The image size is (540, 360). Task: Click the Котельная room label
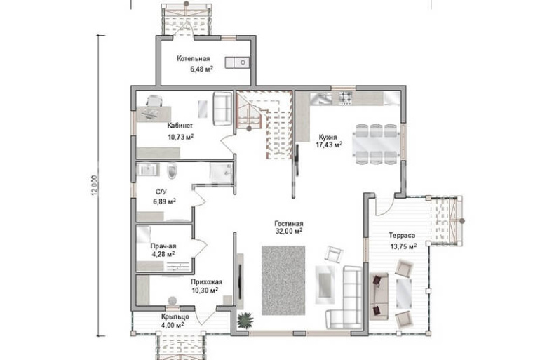pyautogui.click(x=193, y=58)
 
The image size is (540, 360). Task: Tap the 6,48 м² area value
pyautogui.click(x=201, y=69)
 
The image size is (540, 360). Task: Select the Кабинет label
pyautogui.click(x=180, y=126)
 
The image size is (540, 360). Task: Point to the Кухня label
pyautogui.click(x=328, y=137)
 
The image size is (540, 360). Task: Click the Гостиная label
pyautogui.click(x=289, y=224)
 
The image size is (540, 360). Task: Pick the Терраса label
pyautogui.click(x=402, y=236)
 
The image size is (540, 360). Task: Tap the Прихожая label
pyautogui.click(x=207, y=282)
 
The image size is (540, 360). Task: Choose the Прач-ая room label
pyautogui.click(x=163, y=246)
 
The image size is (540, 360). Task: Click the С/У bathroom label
pyautogui.click(x=161, y=192)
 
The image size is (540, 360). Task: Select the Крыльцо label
pyautogui.click(x=175, y=316)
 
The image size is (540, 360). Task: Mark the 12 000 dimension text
pyautogui.click(x=95, y=186)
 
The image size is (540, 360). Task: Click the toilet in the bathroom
pyautogui.click(x=172, y=171)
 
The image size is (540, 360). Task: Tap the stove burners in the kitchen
pyautogui.click(x=346, y=98)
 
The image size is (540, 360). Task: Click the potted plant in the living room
pyautogui.click(x=245, y=320)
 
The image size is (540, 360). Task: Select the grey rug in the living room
pyautogui.click(x=283, y=280)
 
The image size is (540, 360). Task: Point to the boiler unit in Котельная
pyautogui.click(x=237, y=62)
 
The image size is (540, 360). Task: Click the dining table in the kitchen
pyautogui.click(x=377, y=145)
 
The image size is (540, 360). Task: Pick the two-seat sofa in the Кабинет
pyautogui.click(x=222, y=109)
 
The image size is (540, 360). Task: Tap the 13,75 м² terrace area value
pyautogui.click(x=403, y=246)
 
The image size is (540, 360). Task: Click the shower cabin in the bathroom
pyautogui.click(x=221, y=173)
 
